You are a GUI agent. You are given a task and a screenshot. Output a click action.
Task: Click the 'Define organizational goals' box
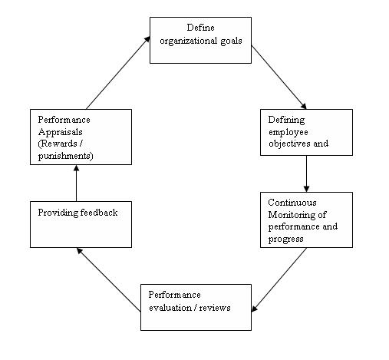tap(200, 40)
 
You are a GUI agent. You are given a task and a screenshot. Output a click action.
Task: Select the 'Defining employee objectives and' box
tap(307, 133)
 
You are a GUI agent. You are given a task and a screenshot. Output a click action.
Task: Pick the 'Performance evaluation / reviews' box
tap(196, 307)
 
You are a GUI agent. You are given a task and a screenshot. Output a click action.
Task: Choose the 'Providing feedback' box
tap(76, 224)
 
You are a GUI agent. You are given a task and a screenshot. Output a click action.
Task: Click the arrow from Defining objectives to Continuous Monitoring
tap(307, 174)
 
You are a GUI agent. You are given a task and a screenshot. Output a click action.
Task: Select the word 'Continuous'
tap(288, 203)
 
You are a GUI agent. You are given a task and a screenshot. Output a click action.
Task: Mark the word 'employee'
tap(286, 132)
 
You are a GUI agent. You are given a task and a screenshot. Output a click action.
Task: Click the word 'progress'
tap(284, 238)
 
